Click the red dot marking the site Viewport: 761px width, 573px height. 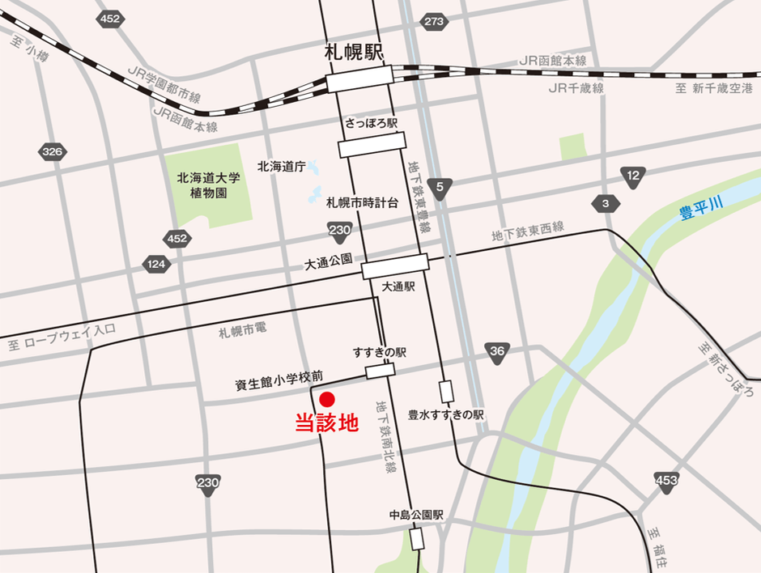pyautogui.click(x=327, y=399)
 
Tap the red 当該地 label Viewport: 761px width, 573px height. pyautogui.click(x=325, y=423)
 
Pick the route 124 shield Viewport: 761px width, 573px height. pyautogui.click(x=156, y=264)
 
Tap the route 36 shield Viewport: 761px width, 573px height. pyautogui.click(x=497, y=350)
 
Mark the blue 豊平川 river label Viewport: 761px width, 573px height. pyautogui.click(x=701, y=214)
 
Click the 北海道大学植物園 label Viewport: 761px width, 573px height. pyautogui.click(x=203, y=187)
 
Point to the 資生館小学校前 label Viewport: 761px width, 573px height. pyautogui.click(x=278, y=376)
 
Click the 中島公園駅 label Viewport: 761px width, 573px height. pyautogui.click(x=416, y=515)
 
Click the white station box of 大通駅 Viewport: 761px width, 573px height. pyautogui.click(x=394, y=265)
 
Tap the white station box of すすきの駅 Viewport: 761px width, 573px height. pyautogui.click(x=380, y=371)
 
